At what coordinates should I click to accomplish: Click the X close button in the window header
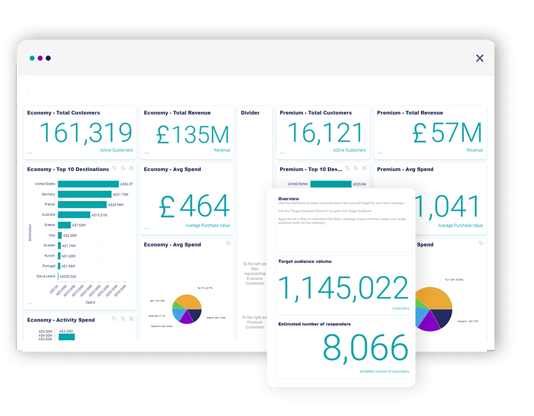pyautogui.click(x=480, y=58)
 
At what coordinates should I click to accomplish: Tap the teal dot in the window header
pyautogui.click(x=32, y=58)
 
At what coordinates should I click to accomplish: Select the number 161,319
pyautogui.click(x=85, y=133)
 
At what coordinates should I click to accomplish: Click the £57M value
pyautogui.click(x=447, y=133)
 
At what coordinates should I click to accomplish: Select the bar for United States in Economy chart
pyautogui.click(x=88, y=184)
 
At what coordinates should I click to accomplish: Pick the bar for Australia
pyautogui.click(x=74, y=215)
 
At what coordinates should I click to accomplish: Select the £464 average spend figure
pyautogui.click(x=194, y=206)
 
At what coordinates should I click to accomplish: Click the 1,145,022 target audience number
pyautogui.click(x=343, y=288)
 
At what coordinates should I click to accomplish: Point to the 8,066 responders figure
pyautogui.click(x=365, y=348)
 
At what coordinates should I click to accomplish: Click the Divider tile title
pyautogui.click(x=250, y=113)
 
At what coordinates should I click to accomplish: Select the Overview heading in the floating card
pyautogui.click(x=289, y=199)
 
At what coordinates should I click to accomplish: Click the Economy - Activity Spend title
pyautogui.click(x=61, y=320)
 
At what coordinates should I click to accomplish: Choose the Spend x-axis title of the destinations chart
pyautogui.click(x=90, y=302)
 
